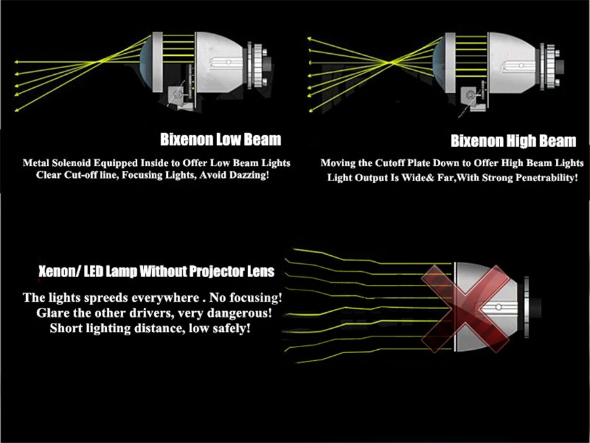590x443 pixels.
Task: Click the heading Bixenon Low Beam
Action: [x=220, y=139]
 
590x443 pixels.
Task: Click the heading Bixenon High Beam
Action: [x=513, y=141]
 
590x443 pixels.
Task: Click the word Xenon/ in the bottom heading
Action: [x=56, y=271]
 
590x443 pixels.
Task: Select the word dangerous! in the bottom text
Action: [x=235, y=313]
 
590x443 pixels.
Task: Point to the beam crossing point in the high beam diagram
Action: [x=391, y=63]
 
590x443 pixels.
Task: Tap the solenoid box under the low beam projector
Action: [x=178, y=96]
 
